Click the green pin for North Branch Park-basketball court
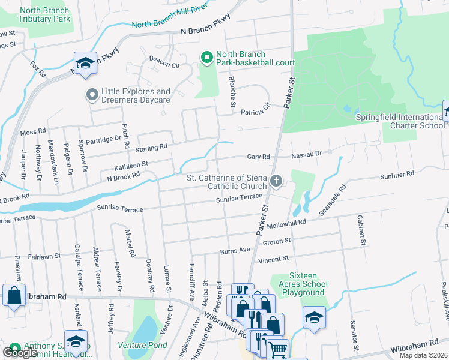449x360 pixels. coord(207,58)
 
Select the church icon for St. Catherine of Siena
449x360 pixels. coord(276,181)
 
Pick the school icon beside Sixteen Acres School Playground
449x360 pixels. coord(314,317)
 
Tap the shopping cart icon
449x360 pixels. coord(277,350)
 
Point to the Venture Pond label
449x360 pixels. coord(142,345)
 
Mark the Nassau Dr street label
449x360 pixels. coord(307,154)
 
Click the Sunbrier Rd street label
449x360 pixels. coord(396,174)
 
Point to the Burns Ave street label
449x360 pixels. coord(235,250)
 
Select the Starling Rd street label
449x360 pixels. coord(151,148)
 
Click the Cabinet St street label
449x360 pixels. coord(361,230)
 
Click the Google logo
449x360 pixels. coord(20,353)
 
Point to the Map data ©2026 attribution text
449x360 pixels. coord(423,355)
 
